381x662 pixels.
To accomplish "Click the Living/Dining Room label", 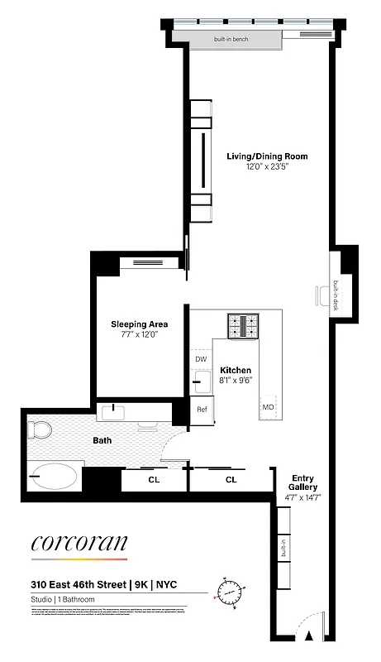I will coord(267,156).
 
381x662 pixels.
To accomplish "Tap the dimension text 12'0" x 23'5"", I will coord(267,166).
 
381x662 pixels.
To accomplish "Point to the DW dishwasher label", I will coord(201,359).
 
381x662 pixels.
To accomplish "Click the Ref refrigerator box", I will coord(202,409).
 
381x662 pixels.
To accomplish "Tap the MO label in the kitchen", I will coord(268,407).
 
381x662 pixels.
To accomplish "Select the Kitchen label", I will coord(236,370).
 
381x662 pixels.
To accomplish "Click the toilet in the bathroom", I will coord(38,429).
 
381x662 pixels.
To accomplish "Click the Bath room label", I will coord(102,441).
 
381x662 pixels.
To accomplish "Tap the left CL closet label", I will coord(154,479).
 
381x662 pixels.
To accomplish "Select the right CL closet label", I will coord(231,479).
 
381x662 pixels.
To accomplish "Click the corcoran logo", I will coord(79,544).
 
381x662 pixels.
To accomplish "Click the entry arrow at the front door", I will coord(309,636).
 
